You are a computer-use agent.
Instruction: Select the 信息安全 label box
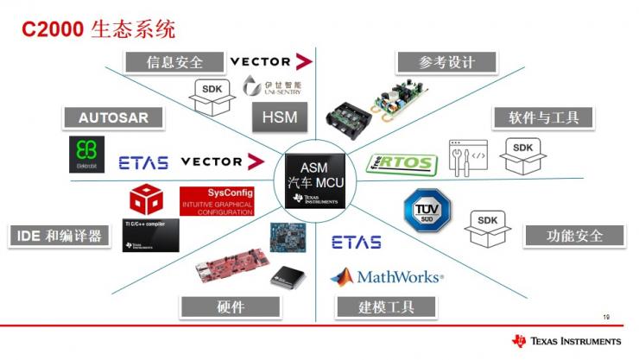(x=175, y=62)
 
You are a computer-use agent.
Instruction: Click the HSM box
(x=274, y=118)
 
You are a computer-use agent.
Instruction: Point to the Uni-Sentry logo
(x=264, y=86)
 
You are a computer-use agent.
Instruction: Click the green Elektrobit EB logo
(x=86, y=155)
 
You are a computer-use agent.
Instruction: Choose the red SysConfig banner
(x=216, y=200)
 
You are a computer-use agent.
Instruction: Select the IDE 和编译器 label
(x=60, y=236)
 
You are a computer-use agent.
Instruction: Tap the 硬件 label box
(x=231, y=306)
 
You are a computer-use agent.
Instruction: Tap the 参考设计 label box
(x=446, y=62)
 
